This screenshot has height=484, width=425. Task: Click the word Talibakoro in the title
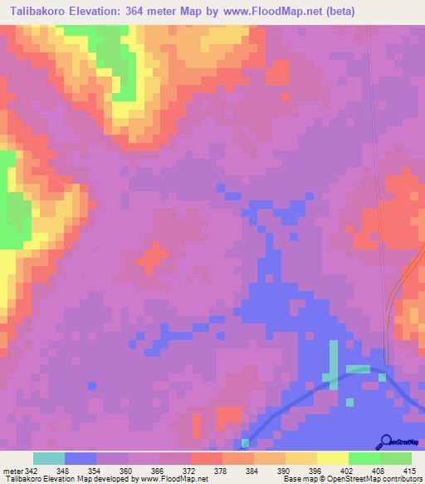[x=37, y=12]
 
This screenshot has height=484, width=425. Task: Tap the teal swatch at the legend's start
[x=49, y=458]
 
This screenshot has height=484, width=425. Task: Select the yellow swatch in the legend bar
[x=332, y=458]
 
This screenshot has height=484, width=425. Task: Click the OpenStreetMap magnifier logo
[x=384, y=441]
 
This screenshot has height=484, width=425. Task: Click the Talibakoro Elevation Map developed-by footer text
[x=105, y=480]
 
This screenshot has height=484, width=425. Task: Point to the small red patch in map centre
[x=149, y=257]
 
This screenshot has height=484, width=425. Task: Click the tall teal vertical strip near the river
[x=333, y=363]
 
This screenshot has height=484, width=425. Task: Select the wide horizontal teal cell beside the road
[x=358, y=368]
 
